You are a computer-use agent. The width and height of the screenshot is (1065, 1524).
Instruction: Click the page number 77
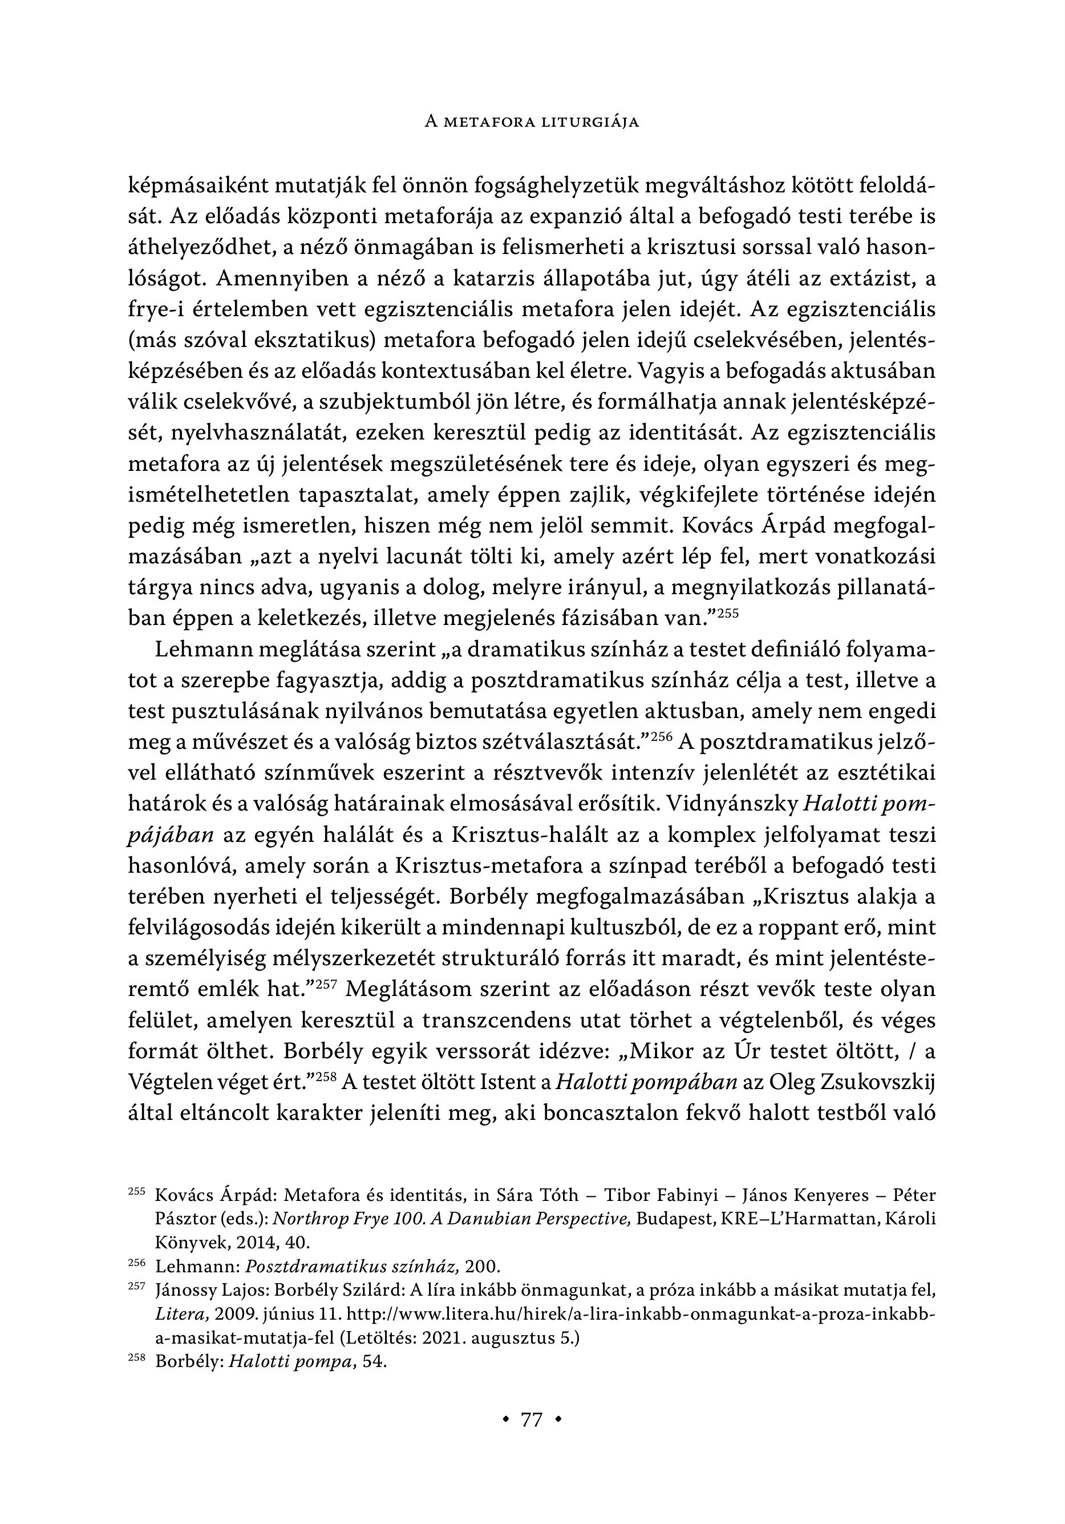coord(532,1420)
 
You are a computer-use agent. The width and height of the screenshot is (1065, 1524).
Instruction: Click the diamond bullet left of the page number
coord(507,1420)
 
